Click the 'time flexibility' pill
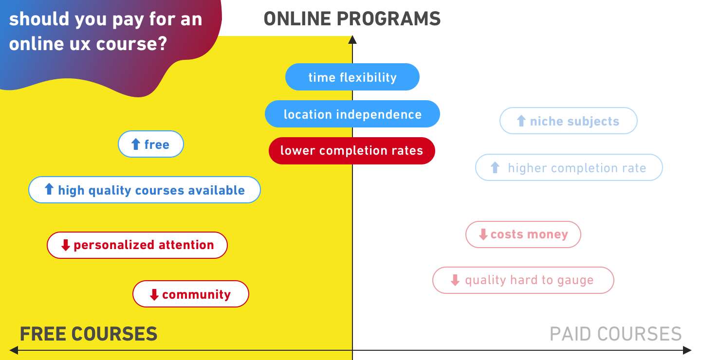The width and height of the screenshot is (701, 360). [x=352, y=77]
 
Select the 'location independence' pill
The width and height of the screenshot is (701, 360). [x=352, y=114]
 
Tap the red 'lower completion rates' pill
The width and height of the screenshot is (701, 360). [x=351, y=150]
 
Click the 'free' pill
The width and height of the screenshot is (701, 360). [x=151, y=144]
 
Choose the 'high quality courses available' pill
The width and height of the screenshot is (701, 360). [x=145, y=190]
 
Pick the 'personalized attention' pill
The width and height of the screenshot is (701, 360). [x=137, y=245]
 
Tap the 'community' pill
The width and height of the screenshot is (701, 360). [x=191, y=294]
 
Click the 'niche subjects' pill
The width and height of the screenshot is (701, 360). [x=569, y=121]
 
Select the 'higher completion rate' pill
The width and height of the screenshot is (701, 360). [x=569, y=167]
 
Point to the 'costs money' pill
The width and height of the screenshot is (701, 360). [x=523, y=234]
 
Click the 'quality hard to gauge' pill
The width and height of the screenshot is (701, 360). [x=523, y=280]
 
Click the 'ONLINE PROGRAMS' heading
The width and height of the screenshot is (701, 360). [x=352, y=19]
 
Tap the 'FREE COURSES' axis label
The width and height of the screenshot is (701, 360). [x=89, y=334]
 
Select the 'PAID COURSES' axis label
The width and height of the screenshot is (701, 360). [x=615, y=334]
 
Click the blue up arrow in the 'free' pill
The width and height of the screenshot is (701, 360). [x=136, y=144]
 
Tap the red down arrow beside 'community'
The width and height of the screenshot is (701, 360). [x=154, y=294]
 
